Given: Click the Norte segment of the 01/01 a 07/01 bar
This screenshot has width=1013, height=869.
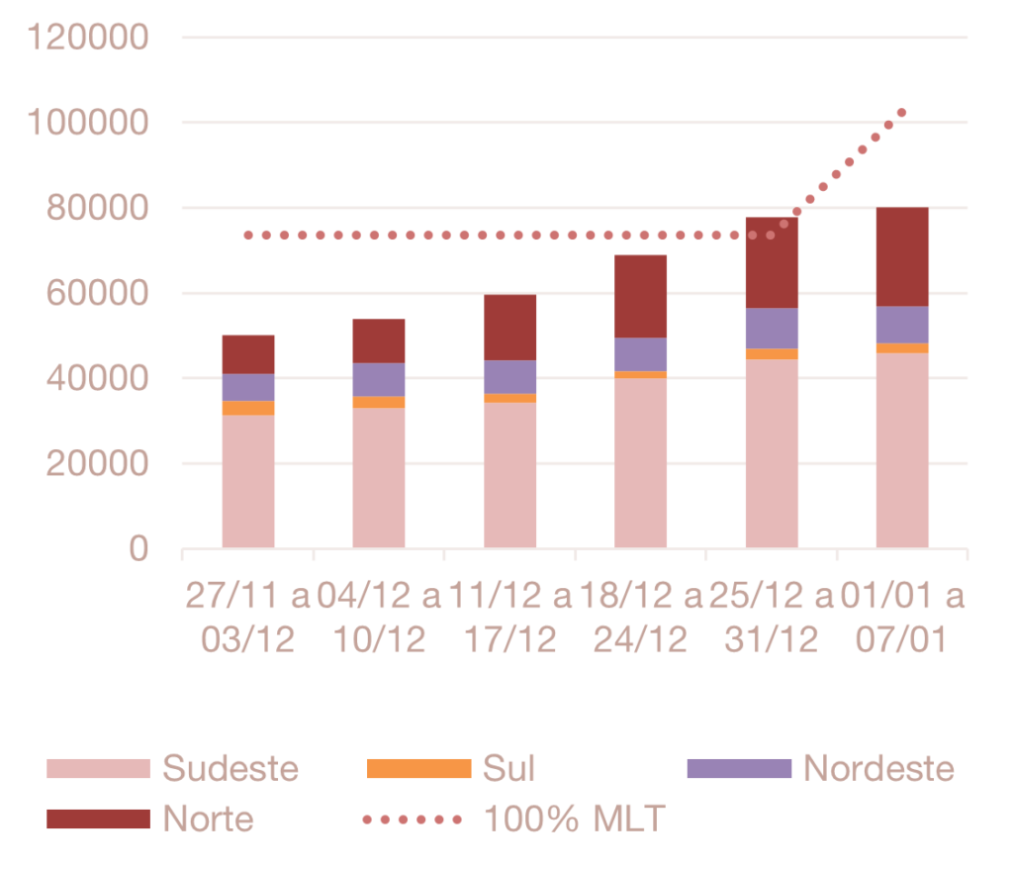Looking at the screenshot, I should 902,256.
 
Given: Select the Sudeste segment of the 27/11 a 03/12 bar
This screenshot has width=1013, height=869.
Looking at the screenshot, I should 248,481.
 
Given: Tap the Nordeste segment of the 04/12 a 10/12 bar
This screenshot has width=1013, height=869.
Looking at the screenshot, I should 379,379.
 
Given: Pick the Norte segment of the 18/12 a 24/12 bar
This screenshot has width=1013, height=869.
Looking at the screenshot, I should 641,296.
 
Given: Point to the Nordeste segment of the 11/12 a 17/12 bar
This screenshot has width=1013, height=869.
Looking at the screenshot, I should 510,376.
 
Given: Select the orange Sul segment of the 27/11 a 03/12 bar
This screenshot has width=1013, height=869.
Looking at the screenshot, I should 248,408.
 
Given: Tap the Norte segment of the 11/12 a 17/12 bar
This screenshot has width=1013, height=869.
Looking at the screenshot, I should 510,327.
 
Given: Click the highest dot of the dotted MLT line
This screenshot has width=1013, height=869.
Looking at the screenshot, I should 901,113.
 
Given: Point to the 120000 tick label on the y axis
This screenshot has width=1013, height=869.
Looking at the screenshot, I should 89,38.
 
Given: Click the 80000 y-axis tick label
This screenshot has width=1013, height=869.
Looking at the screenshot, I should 96,208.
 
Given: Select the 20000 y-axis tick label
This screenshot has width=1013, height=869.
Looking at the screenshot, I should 96,463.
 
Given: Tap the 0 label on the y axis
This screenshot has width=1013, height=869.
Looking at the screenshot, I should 138,548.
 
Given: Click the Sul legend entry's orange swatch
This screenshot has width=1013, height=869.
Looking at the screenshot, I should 418,768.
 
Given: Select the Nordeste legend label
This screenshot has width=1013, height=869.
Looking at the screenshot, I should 878,768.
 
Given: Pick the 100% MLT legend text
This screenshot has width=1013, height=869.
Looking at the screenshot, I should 574,819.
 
